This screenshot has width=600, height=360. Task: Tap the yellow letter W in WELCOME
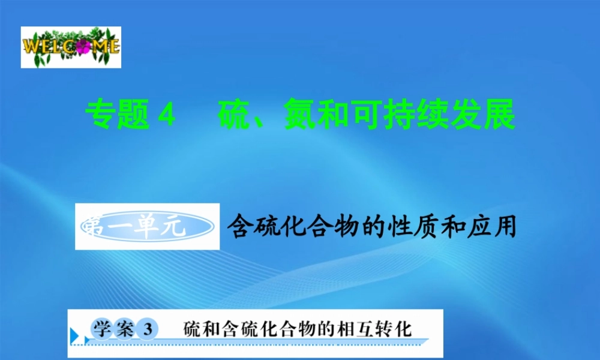32,46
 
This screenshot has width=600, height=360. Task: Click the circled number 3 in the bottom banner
146,329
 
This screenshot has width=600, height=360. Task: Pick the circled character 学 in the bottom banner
100,329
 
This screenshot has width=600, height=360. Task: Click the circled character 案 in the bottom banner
124,329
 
